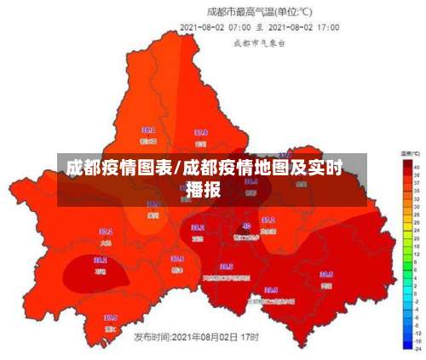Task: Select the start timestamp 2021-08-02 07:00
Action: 212,27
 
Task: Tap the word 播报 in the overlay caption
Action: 203,189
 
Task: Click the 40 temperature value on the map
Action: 246,226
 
